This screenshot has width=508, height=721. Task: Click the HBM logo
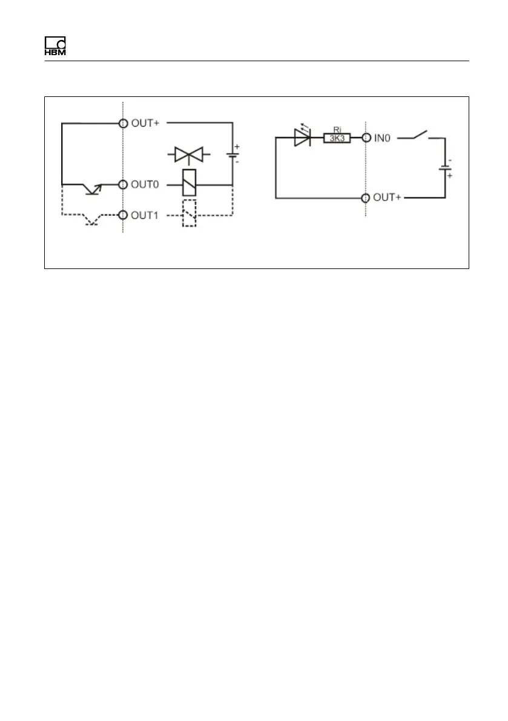click(54, 47)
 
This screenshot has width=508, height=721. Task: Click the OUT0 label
click(145, 184)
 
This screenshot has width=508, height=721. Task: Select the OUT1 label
click(145, 215)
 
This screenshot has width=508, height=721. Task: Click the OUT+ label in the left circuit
click(145, 124)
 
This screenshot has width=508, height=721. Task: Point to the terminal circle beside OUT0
click(123, 184)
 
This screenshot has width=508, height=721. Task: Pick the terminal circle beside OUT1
click(123, 215)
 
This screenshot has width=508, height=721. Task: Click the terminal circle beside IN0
click(366, 138)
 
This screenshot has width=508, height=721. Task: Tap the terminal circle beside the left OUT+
click(123, 124)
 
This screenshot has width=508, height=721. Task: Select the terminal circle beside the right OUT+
click(366, 198)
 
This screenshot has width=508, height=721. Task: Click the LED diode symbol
click(302, 138)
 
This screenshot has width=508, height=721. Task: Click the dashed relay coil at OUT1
click(189, 213)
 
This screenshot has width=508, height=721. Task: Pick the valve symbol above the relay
click(188, 156)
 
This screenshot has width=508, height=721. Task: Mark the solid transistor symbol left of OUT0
click(93, 188)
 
